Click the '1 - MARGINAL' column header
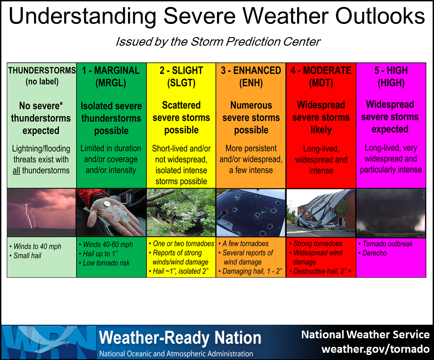(x=111, y=71)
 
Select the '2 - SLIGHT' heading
(x=181, y=71)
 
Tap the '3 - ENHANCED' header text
(x=251, y=71)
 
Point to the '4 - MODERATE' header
(x=321, y=71)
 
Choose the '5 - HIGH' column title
(x=391, y=71)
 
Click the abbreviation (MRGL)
(x=111, y=83)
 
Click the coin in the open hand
(x=107, y=204)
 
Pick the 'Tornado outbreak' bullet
(x=386, y=244)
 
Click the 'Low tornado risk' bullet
(x=104, y=263)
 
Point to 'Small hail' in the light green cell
(x=25, y=256)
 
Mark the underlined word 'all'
(x=16, y=171)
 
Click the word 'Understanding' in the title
(x=82, y=16)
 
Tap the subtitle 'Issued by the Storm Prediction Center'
(x=218, y=42)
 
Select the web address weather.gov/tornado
(x=375, y=349)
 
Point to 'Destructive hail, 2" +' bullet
(x=320, y=271)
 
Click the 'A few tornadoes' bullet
(x=243, y=244)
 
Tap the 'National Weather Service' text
(x=365, y=335)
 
